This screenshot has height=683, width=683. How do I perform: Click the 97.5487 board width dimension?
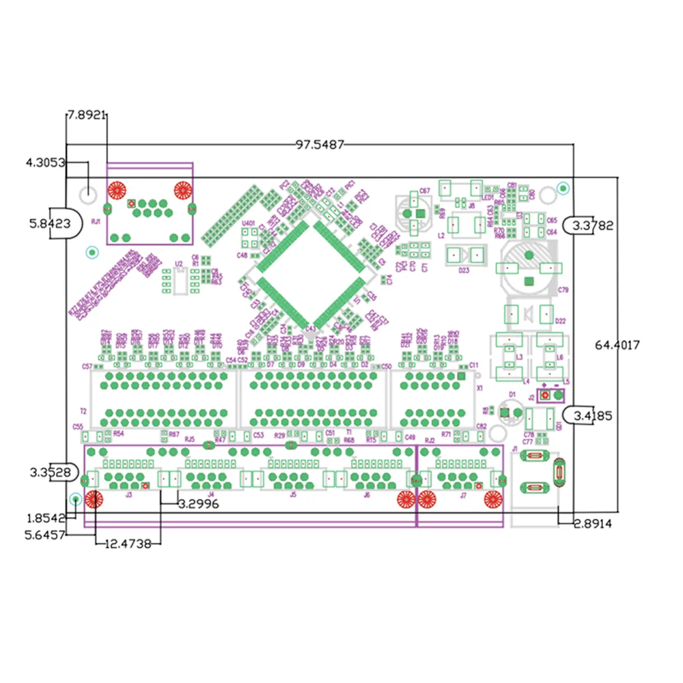(x=320, y=144)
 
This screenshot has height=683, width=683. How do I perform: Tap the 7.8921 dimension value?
(x=86, y=115)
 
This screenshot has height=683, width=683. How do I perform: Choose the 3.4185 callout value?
(x=588, y=414)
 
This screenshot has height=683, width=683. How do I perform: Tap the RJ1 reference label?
(x=96, y=221)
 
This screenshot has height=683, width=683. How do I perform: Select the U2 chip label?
(x=179, y=263)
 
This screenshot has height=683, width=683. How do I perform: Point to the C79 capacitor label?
(x=563, y=290)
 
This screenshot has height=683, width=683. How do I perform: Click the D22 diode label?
(x=561, y=321)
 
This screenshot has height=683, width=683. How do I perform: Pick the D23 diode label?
(x=464, y=270)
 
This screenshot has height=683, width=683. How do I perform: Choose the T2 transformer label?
(x=83, y=411)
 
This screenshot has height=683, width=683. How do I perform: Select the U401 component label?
(x=248, y=223)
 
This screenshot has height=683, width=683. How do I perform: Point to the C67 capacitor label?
(x=424, y=191)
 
